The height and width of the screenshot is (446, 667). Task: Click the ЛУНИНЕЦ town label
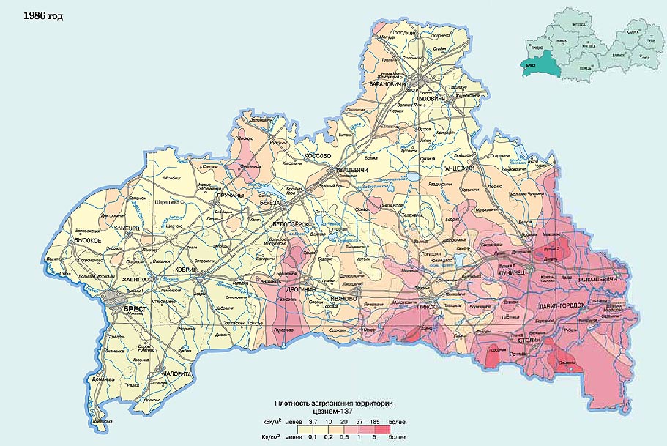tap(511, 272)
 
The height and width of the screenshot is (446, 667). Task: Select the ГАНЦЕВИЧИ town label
tap(460, 168)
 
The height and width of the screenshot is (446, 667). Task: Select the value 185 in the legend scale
tap(374, 423)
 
